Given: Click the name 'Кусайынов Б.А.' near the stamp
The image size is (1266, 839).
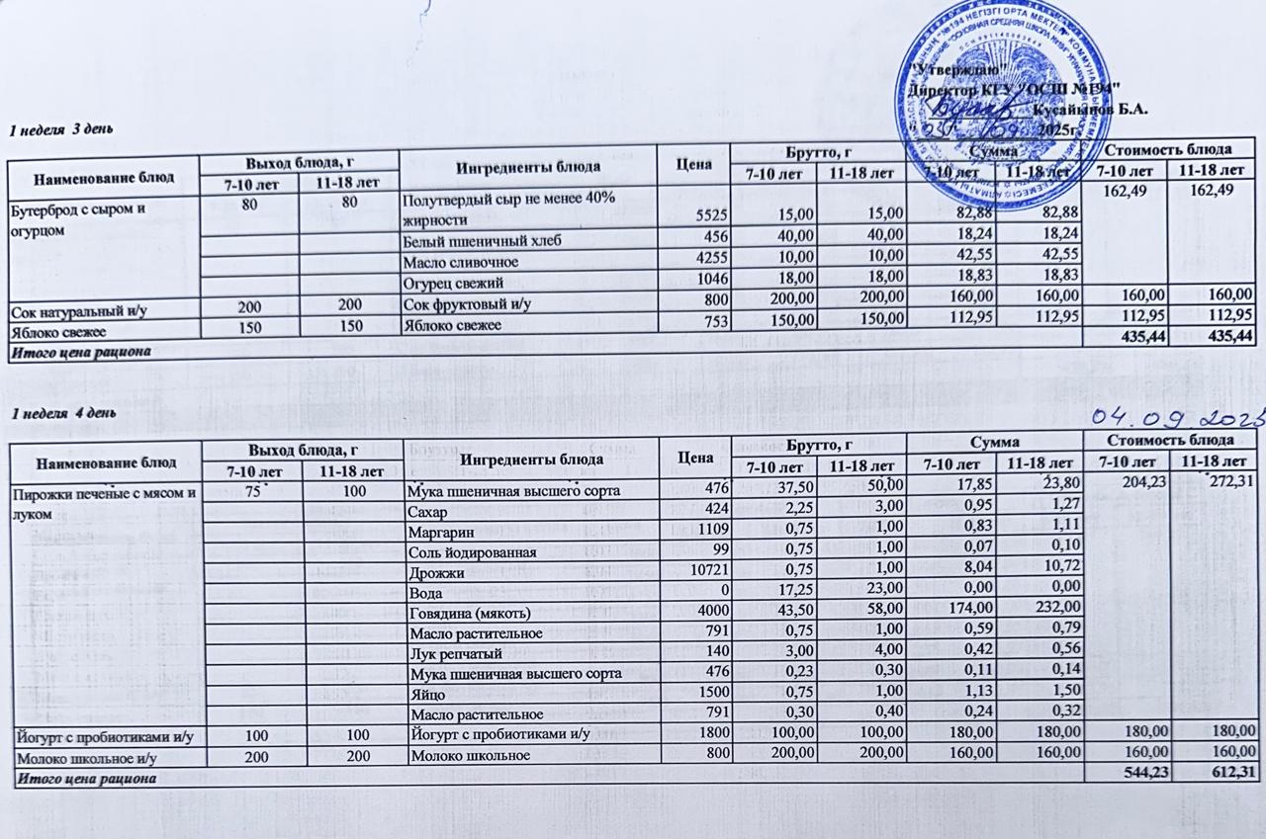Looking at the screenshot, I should (x=1090, y=110).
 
